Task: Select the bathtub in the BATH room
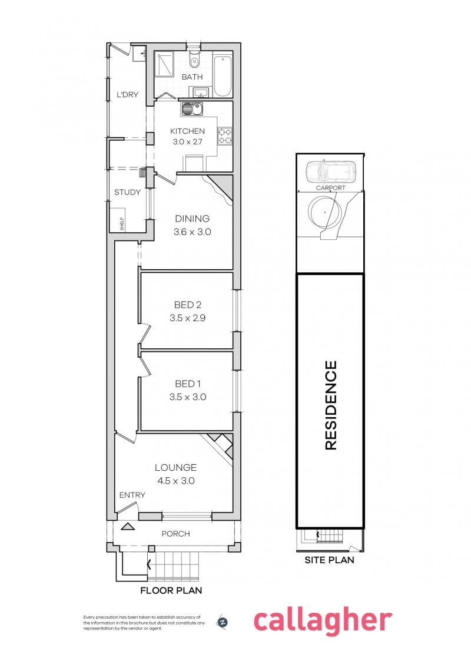point(223,76)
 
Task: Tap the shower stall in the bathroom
point(164,65)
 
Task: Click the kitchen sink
point(193,110)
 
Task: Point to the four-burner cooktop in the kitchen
point(225,136)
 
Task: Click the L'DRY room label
point(128,94)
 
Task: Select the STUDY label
point(127,192)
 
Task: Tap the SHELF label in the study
point(121,224)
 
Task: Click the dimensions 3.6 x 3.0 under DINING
point(192,232)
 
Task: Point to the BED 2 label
point(187,305)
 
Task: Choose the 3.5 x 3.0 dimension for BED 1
point(187,397)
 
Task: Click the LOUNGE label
point(175,467)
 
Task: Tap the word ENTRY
point(132,495)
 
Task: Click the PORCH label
point(175,533)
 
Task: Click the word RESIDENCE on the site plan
point(331,405)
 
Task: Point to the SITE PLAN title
point(330,560)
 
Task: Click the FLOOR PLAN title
point(171,590)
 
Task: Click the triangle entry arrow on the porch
point(128,527)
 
